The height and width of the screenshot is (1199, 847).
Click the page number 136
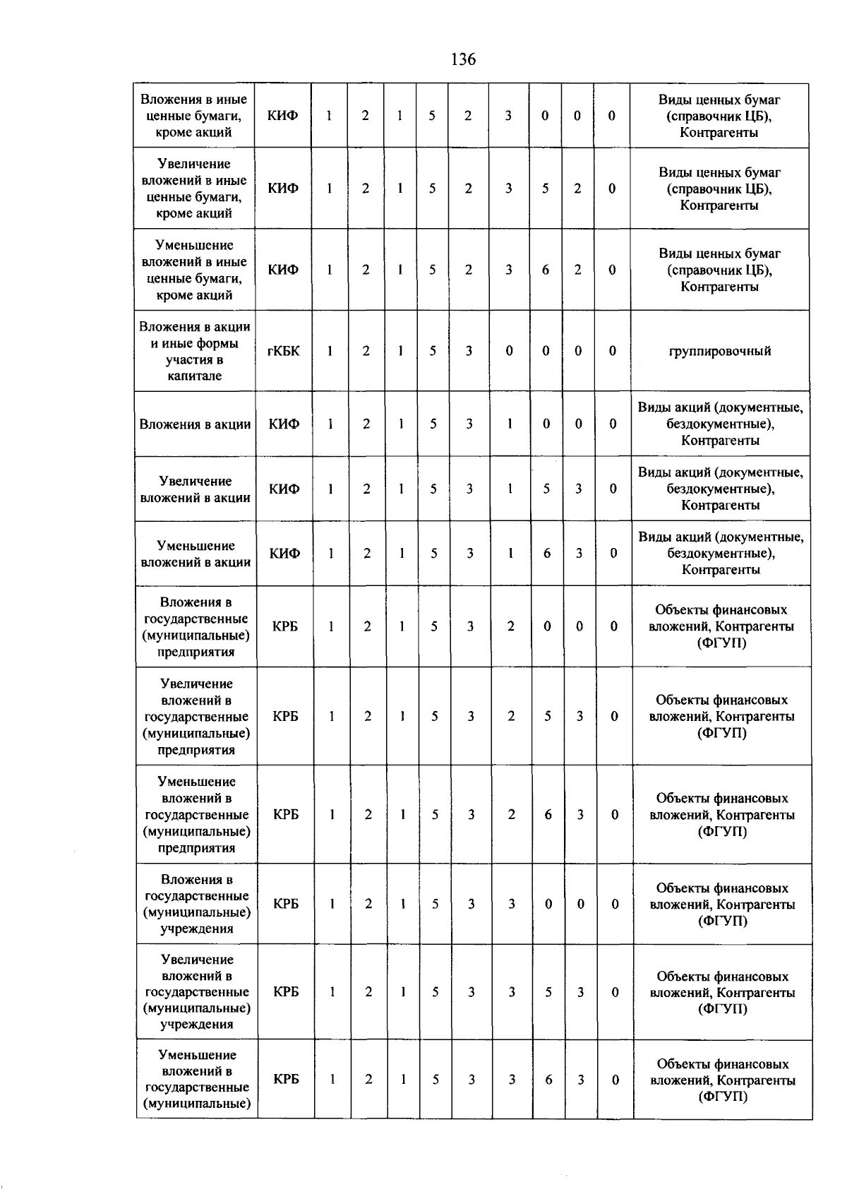[x=463, y=59]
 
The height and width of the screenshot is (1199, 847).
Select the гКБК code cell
[x=284, y=351]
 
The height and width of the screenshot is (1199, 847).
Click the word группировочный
[x=719, y=351]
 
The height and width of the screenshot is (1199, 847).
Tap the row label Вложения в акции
[x=195, y=424]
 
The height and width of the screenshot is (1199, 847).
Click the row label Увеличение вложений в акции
[x=196, y=489]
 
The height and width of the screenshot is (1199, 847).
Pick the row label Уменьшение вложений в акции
[x=196, y=554]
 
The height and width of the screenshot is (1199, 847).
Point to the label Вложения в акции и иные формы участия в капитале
[x=195, y=351]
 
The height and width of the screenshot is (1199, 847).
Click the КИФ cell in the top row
[x=282, y=116]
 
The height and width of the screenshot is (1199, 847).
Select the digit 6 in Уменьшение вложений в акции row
[x=547, y=554]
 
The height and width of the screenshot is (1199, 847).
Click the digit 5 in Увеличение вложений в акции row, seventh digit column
[x=546, y=489]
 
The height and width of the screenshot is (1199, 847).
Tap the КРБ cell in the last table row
[x=286, y=1079]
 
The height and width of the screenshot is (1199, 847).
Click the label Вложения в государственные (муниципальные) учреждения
[x=197, y=904]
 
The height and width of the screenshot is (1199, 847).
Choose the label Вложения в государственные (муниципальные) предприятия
[x=196, y=626]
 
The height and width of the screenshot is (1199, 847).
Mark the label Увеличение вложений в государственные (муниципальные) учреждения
[x=197, y=991]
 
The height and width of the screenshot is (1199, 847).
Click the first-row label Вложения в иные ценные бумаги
[x=194, y=116]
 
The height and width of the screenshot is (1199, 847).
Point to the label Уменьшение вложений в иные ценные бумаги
[x=194, y=270]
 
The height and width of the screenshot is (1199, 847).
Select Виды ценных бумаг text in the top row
[x=719, y=100]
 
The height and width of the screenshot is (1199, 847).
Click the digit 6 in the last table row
[x=548, y=1079]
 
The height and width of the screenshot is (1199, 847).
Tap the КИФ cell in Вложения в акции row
[x=284, y=424]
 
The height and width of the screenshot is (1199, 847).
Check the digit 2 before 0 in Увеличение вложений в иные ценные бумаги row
[x=577, y=189]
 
